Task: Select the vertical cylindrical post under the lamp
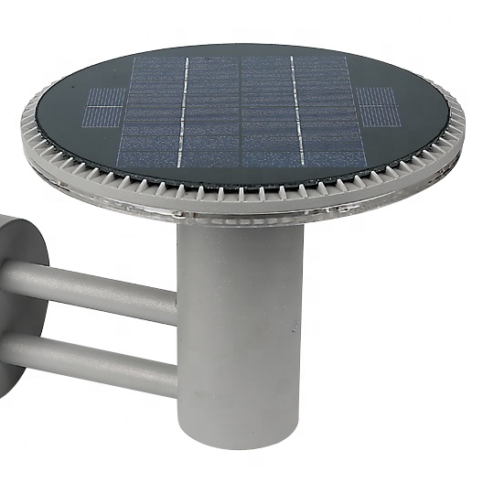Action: tap(241, 338)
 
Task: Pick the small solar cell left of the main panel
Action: tap(106, 109)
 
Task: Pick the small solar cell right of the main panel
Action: tap(378, 108)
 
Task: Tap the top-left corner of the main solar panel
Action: tap(134, 57)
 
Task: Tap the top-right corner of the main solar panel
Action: tap(347, 57)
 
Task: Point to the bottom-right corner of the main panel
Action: tap(367, 167)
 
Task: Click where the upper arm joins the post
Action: tap(177, 302)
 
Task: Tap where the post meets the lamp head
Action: tap(241, 225)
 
